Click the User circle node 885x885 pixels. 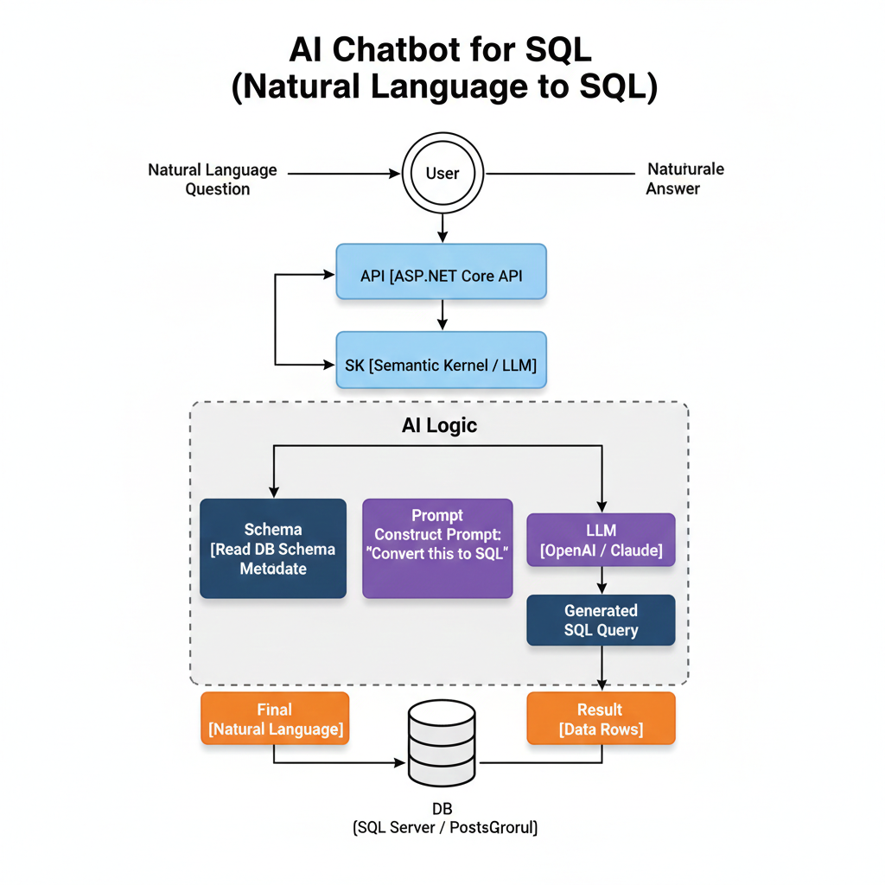pyautogui.click(x=442, y=173)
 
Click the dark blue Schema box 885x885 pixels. pyautogui.click(x=273, y=549)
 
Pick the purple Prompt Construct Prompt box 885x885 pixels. pyautogui.click(x=437, y=549)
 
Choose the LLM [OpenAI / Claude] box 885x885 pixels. pyautogui.click(x=601, y=540)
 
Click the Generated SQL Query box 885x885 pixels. pyautogui.click(x=601, y=621)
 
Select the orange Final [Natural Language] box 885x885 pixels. pyautogui.click(x=275, y=719)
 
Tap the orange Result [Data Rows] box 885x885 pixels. pyautogui.click(x=601, y=719)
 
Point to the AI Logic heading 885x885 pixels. pyautogui.click(x=439, y=425)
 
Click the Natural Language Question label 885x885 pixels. pyautogui.click(x=213, y=179)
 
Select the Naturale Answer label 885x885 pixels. pyautogui.click(x=684, y=178)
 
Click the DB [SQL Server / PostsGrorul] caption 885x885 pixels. pyautogui.click(x=445, y=819)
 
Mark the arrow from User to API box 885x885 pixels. pyautogui.click(x=442, y=226)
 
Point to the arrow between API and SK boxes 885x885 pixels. pyautogui.click(x=442, y=315)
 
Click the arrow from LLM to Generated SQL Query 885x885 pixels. pyautogui.click(x=601, y=581)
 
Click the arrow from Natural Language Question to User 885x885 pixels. pyautogui.click(x=341, y=174)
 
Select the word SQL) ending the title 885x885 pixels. pyautogui.click(x=614, y=89)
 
